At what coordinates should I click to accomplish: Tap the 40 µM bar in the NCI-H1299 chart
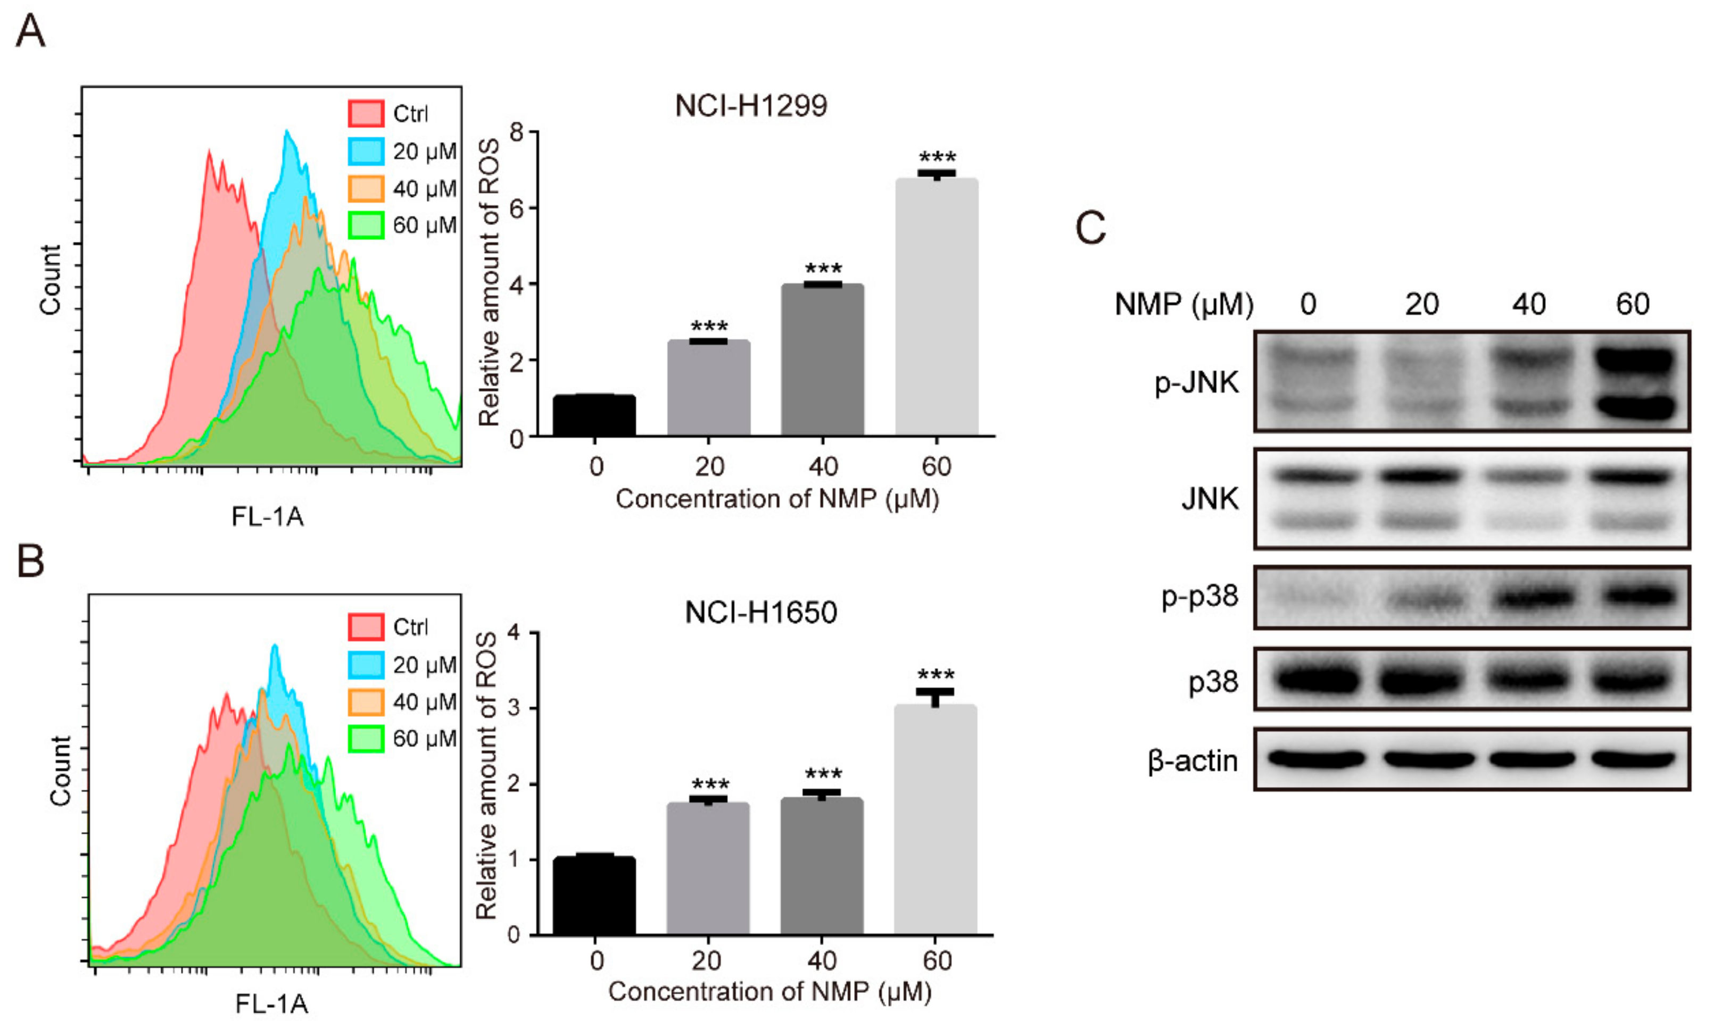coord(822,360)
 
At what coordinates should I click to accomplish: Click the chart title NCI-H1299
coord(751,106)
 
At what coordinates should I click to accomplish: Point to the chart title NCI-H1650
coord(760,612)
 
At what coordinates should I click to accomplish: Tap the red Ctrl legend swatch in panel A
coord(366,113)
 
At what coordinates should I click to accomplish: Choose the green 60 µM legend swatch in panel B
coord(366,739)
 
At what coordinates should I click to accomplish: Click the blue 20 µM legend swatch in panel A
coord(366,151)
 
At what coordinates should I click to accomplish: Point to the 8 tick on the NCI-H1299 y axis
coord(516,132)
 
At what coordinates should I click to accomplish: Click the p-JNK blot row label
coord(1196,382)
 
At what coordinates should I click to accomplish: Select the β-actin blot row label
coord(1192,760)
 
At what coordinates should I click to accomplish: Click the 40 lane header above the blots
coord(1528,304)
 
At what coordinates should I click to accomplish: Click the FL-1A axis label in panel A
coord(267,516)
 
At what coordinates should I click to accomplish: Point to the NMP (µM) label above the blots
coord(1184,304)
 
